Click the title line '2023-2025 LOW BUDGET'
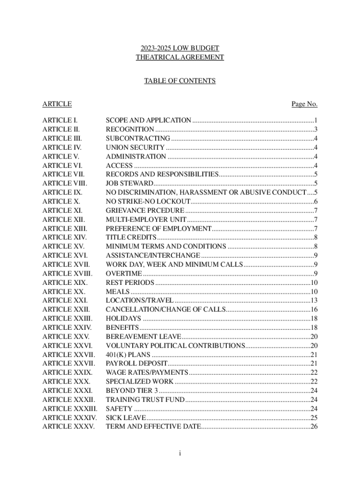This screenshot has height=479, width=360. point(180,48)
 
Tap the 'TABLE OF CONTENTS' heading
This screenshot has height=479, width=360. point(180,81)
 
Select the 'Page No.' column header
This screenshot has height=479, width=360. point(304,104)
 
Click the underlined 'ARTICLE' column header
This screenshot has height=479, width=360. point(57,104)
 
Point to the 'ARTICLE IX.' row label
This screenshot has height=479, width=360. point(62,192)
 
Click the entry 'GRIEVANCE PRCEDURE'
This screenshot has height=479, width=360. point(145,210)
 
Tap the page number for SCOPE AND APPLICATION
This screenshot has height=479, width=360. point(316,120)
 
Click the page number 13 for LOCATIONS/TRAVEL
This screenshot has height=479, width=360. point(314,300)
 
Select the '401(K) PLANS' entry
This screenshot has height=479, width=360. point(128,355)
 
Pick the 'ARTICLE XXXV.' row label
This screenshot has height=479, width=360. point(68,427)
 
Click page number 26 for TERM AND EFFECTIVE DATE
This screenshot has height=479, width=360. point(314,427)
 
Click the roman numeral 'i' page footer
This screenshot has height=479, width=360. point(180,453)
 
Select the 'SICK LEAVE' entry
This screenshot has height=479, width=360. point(126,417)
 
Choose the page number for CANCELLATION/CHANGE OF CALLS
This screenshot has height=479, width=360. point(314,309)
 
